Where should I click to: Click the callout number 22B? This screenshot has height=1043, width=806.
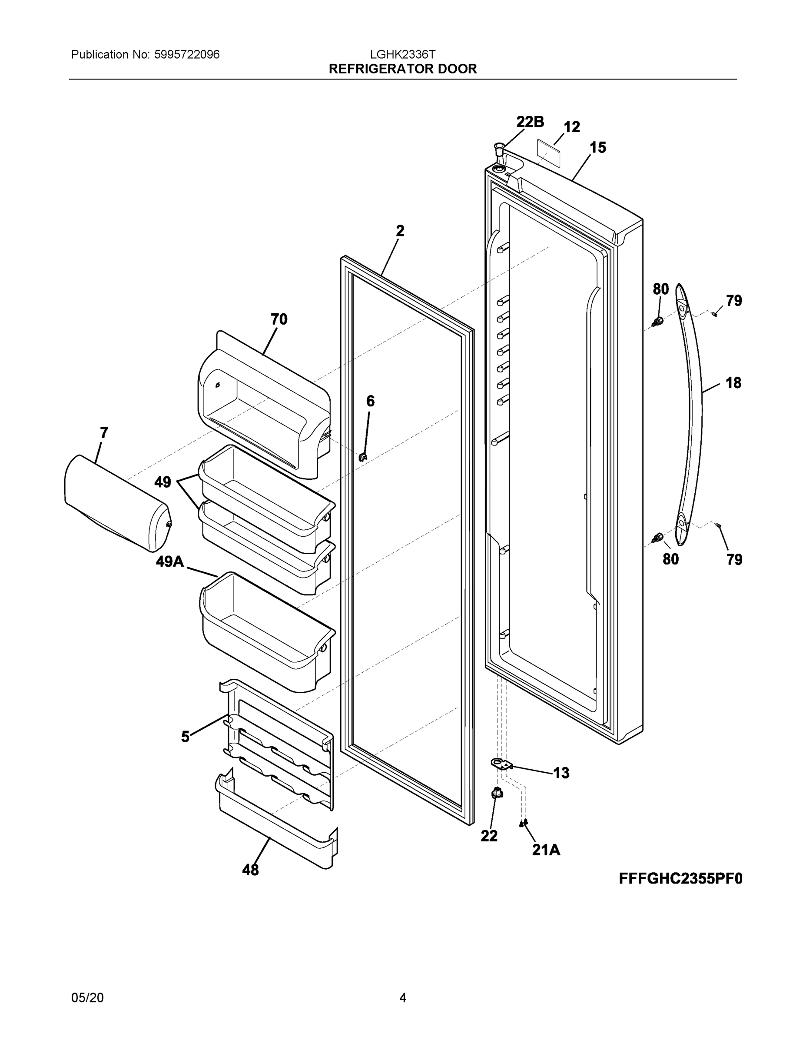coord(530,122)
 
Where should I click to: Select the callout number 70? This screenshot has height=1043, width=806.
coord(279,319)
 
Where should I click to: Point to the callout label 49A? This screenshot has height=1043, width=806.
coord(169,561)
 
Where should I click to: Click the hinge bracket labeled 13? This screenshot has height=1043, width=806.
coord(501,764)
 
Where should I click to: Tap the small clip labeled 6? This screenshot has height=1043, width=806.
coord(363,457)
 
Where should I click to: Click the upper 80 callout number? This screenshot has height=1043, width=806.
coord(661,289)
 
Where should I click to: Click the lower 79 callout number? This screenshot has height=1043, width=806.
coord(734,559)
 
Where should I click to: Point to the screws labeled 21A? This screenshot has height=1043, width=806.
coord(523,822)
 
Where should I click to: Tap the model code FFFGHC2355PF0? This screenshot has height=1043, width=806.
coord(680,879)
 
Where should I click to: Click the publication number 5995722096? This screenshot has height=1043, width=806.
coord(187,54)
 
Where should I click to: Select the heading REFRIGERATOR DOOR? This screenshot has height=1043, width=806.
coord(402,69)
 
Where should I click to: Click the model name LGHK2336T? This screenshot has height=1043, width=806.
coord(402,54)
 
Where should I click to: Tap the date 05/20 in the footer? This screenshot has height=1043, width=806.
coord(87,998)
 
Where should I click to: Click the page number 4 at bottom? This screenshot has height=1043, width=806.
coord(402,998)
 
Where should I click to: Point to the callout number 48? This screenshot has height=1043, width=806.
coord(250,870)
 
